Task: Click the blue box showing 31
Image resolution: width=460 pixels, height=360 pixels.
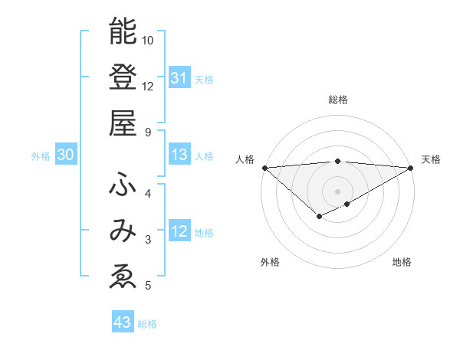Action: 179,78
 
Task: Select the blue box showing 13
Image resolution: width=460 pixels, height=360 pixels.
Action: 179,155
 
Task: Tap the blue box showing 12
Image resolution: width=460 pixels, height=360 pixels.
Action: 179,232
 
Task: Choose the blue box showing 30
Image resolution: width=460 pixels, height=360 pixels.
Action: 65,155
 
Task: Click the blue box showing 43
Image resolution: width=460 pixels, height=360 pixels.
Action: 122,322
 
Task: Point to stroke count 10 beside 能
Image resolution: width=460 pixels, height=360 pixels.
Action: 148,39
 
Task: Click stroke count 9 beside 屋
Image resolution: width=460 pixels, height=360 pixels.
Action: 148,132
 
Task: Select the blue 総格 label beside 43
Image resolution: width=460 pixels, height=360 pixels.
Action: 148,324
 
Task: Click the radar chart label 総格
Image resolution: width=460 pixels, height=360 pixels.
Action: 337,100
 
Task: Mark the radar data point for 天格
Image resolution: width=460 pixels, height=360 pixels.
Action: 411,167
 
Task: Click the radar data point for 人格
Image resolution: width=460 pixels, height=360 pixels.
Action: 264,167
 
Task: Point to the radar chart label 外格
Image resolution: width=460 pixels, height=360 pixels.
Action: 270,262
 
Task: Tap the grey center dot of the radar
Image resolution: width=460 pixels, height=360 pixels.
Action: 337,191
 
